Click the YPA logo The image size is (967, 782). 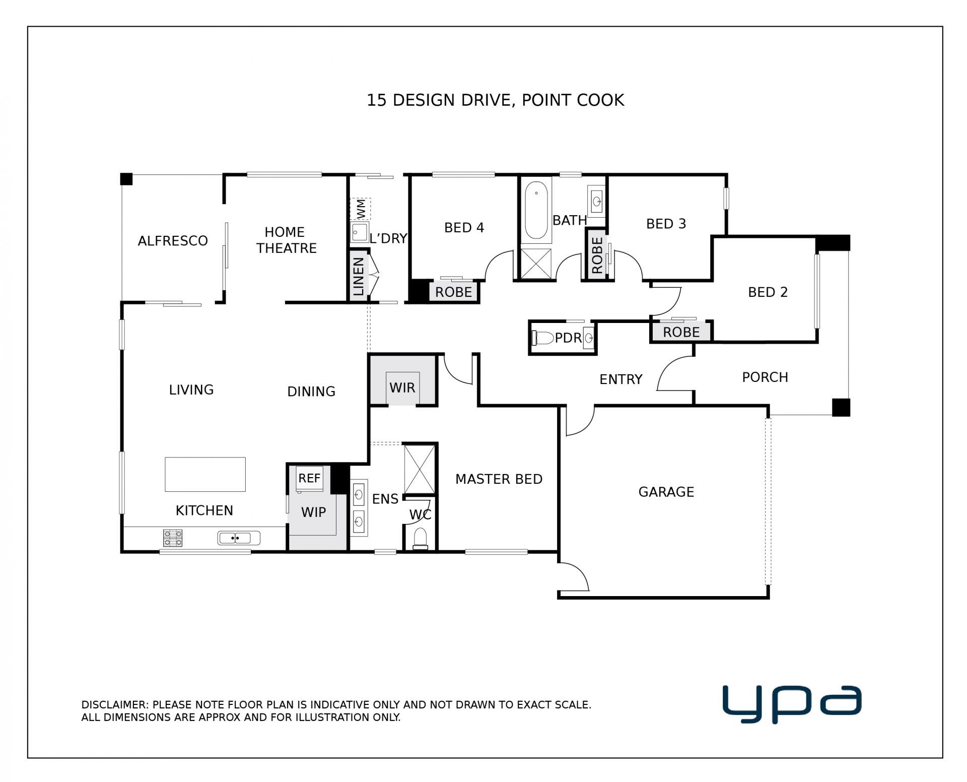coord(792,704)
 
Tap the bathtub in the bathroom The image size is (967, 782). coord(536,211)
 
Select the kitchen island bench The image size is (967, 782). coord(205,474)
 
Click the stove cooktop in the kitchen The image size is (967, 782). coord(173,538)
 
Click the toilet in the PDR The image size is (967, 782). coord(542,338)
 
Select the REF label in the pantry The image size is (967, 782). coord(309,478)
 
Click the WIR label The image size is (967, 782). coord(402,387)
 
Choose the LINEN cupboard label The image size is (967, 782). coord(359,277)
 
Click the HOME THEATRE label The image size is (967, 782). coord(286,240)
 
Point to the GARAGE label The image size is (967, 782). coord(666,492)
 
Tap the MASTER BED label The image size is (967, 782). coord(499,479)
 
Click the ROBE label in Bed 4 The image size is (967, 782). coord(453,292)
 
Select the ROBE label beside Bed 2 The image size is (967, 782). coord(681,332)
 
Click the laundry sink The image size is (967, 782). coord(360,233)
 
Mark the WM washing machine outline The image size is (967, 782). coord(361,209)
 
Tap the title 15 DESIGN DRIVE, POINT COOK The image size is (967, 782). coord(495,100)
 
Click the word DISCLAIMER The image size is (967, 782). coord(113,705)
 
